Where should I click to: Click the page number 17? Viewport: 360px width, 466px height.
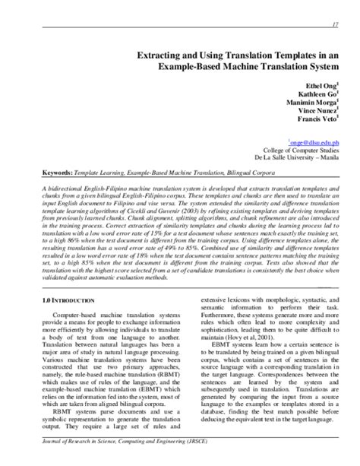335,24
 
